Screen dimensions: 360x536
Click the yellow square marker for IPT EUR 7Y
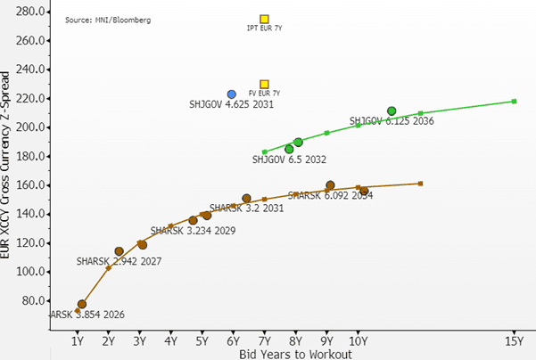[264, 19]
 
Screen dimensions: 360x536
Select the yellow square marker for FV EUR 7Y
[264, 84]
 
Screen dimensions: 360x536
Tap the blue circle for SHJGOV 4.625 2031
[232, 94]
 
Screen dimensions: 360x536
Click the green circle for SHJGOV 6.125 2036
[392, 111]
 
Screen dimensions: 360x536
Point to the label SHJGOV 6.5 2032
[289, 160]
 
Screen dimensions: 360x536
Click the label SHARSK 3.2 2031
[246, 209]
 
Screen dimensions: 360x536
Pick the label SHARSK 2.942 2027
[112, 262]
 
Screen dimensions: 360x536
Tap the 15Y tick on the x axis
[514, 340]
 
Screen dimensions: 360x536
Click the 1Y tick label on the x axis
[77, 340]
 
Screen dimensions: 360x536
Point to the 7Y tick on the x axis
[264, 340]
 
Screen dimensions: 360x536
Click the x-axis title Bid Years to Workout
[294, 353]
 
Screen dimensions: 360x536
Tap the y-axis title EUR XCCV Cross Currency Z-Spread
[9, 165]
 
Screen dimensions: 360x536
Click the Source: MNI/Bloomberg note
[102, 19]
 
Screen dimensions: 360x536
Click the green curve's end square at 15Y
[514, 101]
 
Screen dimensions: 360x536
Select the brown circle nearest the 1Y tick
[82, 304]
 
